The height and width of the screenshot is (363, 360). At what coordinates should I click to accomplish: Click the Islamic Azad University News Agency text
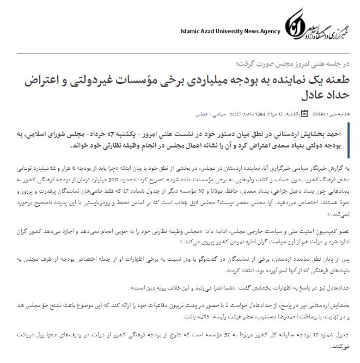[x=230, y=31]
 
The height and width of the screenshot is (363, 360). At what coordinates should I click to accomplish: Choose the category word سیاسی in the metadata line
[x=217, y=114]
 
